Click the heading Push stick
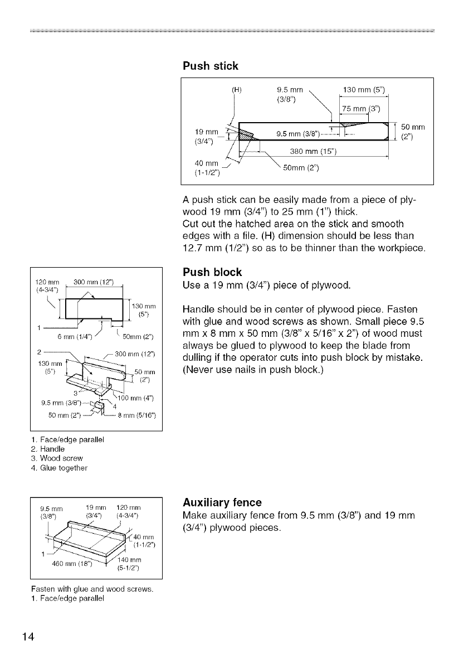[x=211, y=66]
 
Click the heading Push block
[x=212, y=272]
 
